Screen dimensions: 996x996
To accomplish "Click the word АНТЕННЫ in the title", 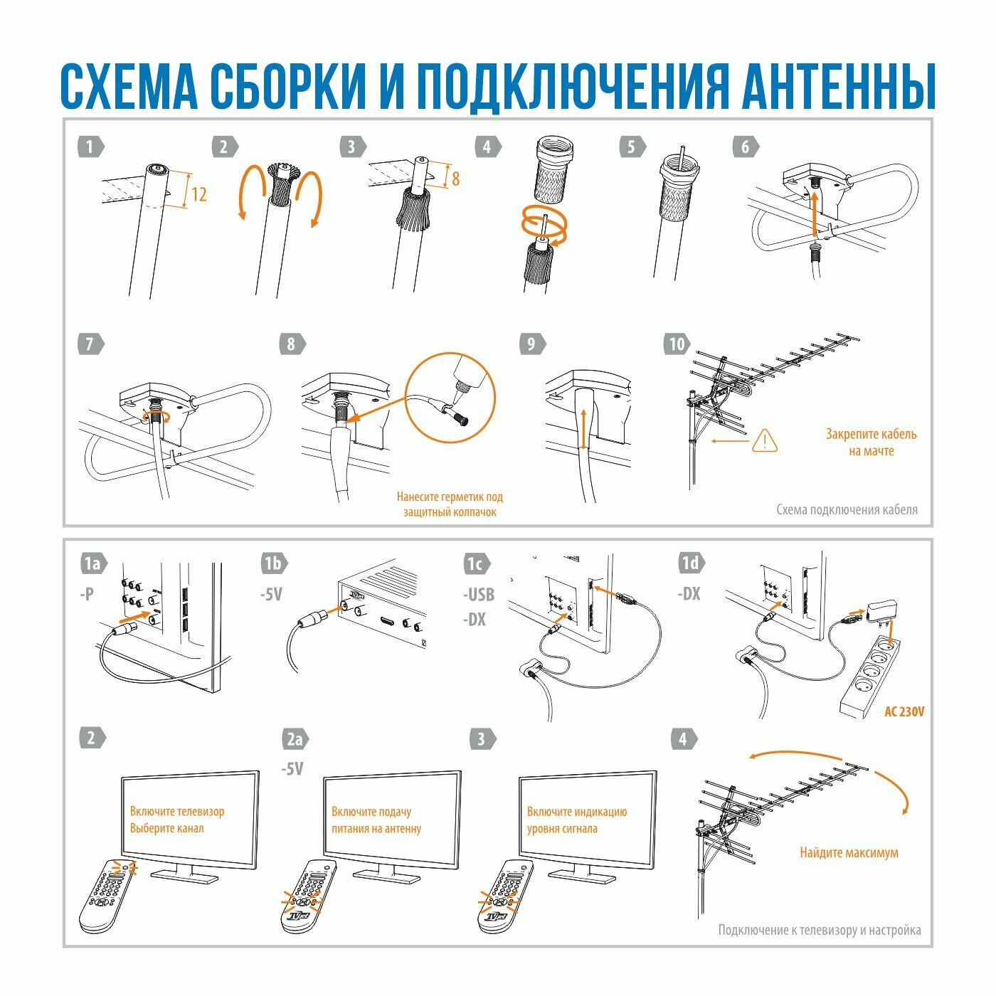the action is [838, 86].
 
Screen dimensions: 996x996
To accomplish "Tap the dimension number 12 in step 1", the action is [199, 194].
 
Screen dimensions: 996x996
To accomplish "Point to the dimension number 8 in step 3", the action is [455, 179].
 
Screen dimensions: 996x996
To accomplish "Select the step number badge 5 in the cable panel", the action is [633, 147].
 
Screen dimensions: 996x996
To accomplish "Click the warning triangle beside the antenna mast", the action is [764, 441].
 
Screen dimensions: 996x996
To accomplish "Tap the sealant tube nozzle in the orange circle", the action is [457, 394].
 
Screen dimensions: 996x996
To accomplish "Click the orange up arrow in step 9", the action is [583, 429].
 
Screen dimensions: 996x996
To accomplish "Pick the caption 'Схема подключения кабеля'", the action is [847, 509].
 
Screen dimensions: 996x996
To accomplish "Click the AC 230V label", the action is [904, 711].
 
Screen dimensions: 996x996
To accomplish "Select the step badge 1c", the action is [476, 564].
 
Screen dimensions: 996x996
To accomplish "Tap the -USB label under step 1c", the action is [479, 595].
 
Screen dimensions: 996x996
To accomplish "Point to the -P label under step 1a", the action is [87, 594].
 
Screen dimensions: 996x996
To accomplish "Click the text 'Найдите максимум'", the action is [849, 852].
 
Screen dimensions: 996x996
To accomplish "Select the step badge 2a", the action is [295, 739].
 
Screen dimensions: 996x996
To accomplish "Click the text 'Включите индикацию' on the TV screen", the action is [576, 811].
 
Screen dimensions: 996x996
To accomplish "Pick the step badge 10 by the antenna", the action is [677, 344].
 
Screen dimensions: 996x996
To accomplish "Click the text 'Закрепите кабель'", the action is [871, 434].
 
